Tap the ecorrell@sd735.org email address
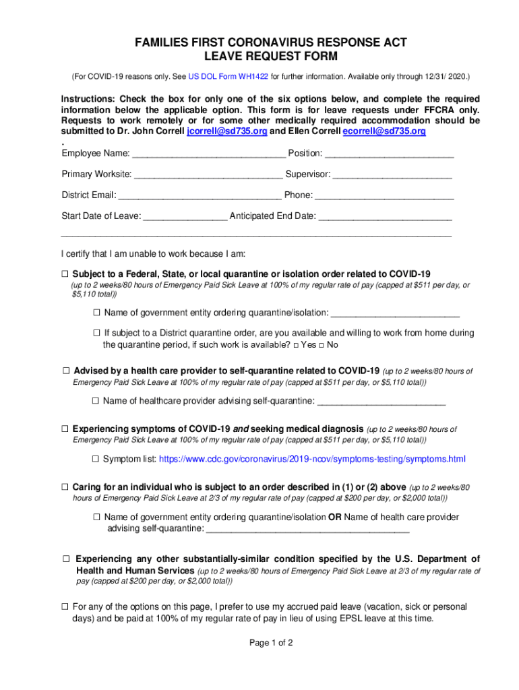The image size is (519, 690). coord(384,131)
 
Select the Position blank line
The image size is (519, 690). coord(389,154)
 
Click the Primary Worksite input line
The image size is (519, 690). coord(208,175)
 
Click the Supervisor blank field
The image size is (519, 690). coord(392,175)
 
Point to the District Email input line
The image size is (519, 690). coord(200,195)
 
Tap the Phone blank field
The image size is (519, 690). coord(384,195)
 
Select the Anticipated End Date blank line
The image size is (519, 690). coord(384,216)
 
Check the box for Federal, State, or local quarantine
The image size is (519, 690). coord(65,274)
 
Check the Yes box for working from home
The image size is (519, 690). coord(297,345)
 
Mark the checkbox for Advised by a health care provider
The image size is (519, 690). coord(66,371)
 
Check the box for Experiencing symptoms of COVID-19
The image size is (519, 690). coord(65,429)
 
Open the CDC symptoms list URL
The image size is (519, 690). coord(312,459)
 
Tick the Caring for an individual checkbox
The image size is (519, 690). coord(65,487)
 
